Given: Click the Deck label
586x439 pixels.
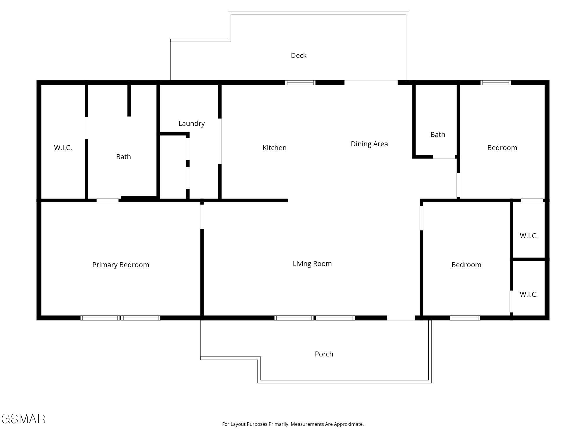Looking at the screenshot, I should click(299, 56).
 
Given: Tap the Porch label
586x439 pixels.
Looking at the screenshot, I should click(324, 354).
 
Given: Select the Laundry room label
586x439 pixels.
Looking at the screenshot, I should click(191, 124).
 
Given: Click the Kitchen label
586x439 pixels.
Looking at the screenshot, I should click(274, 148).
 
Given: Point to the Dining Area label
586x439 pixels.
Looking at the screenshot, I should click(369, 144).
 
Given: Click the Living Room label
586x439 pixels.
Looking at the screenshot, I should click(312, 264).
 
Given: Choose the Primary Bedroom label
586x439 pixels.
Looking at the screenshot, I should click(121, 265).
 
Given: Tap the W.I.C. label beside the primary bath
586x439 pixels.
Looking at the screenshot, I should click(63, 148).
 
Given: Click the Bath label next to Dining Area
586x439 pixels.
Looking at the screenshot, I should click(438, 135).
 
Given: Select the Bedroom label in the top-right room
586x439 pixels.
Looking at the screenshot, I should click(502, 148).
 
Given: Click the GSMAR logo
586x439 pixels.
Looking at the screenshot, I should click(23, 419).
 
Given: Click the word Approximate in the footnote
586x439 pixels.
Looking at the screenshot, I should click(348, 424).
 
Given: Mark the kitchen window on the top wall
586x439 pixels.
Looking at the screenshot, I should click(300, 83).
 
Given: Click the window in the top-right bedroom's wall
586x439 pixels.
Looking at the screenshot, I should click(495, 83).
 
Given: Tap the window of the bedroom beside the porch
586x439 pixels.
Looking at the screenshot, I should click(465, 318).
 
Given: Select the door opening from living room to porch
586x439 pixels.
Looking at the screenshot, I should click(401, 318).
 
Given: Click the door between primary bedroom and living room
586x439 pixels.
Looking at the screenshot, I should click(202, 217).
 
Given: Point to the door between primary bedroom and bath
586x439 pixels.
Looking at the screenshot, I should click(108, 200).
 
